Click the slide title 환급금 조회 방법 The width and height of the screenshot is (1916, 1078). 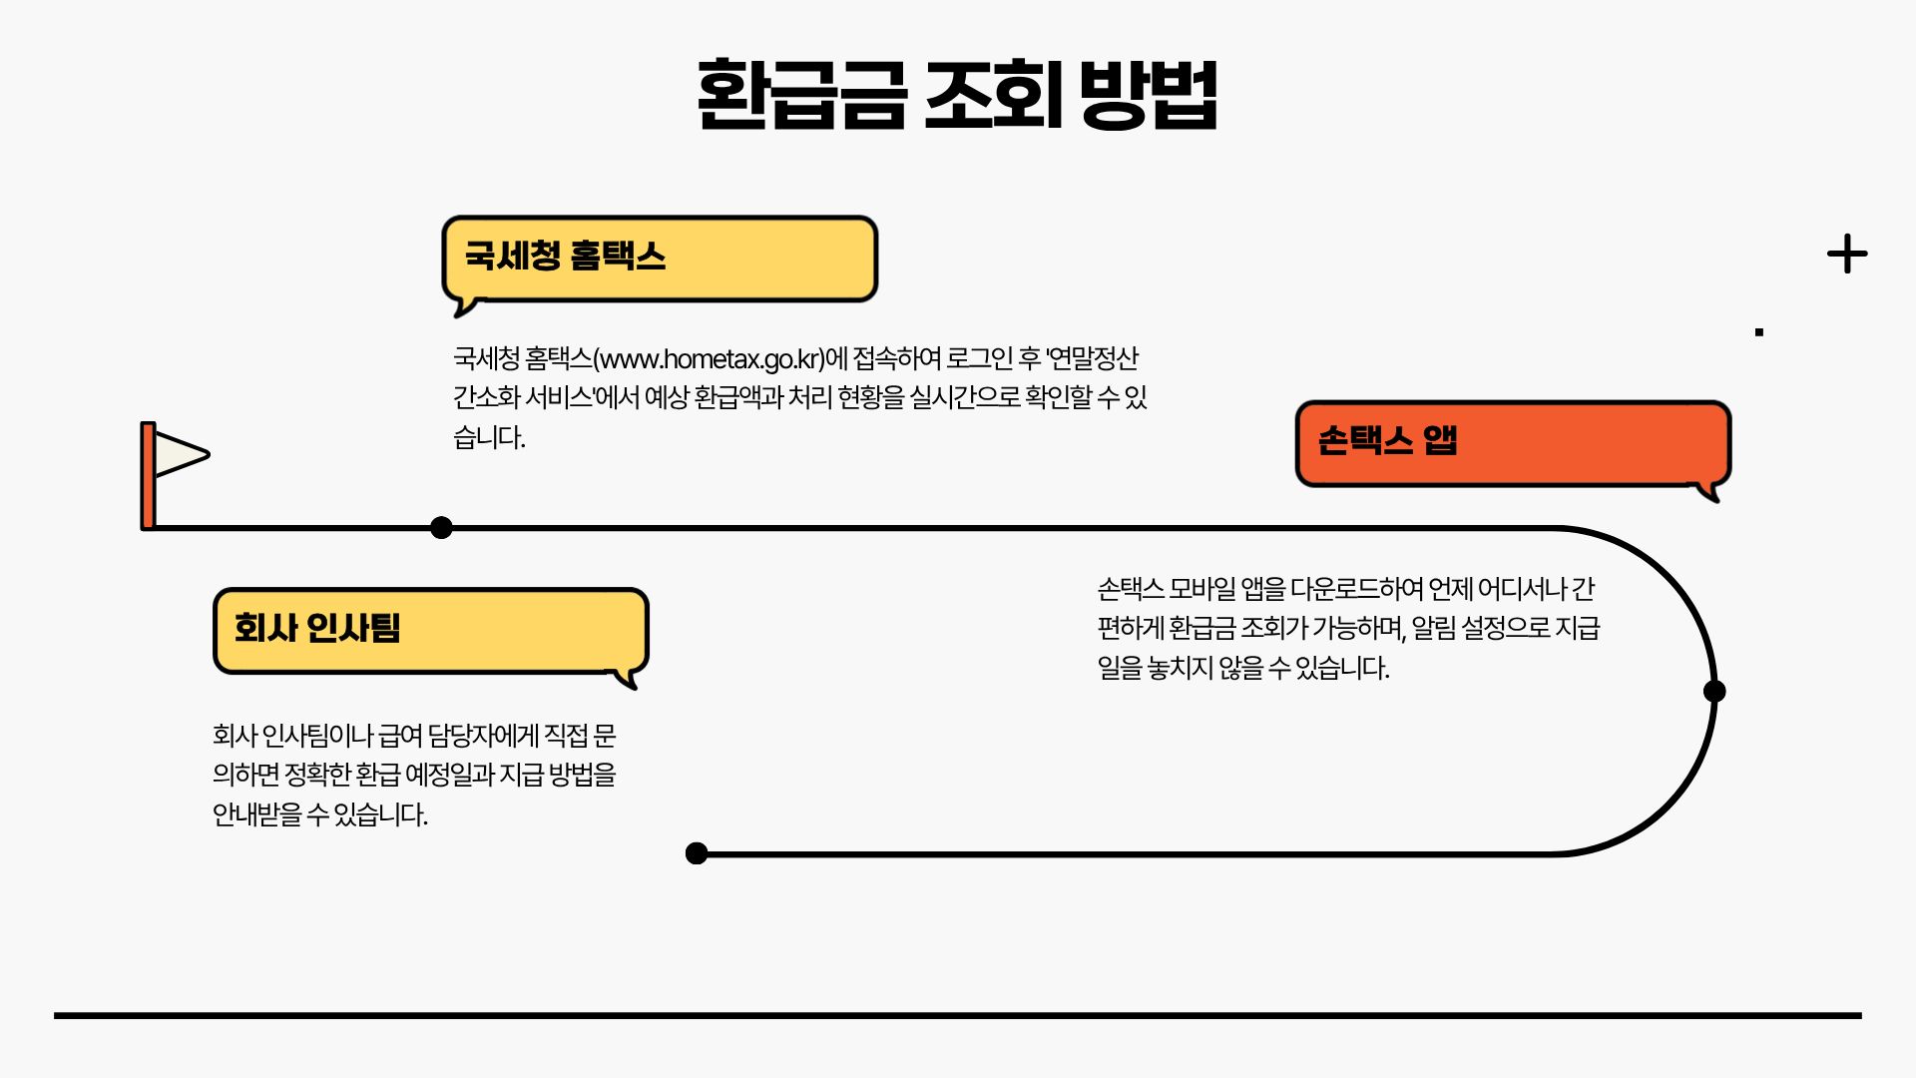[957, 94]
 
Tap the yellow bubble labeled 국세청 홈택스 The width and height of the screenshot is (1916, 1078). [660, 258]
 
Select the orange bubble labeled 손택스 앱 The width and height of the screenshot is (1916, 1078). [1512, 443]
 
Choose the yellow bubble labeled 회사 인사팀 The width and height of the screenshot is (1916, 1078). [430, 630]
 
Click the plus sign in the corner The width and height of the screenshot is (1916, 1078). [1847, 254]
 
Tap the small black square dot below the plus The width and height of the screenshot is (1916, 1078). [1759, 332]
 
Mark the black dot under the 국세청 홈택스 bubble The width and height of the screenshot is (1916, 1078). [441, 528]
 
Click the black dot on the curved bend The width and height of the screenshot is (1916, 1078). [1714, 691]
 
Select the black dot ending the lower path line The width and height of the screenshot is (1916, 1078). [697, 853]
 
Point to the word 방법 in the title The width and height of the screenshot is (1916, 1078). [1149, 94]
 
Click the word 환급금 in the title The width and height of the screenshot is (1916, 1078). [801, 94]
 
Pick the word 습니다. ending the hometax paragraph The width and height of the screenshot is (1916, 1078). [489, 437]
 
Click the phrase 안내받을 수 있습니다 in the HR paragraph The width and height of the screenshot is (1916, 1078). [319, 814]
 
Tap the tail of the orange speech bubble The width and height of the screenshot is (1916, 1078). [1709, 491]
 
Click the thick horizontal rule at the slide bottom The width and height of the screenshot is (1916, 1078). [958, 1015]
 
